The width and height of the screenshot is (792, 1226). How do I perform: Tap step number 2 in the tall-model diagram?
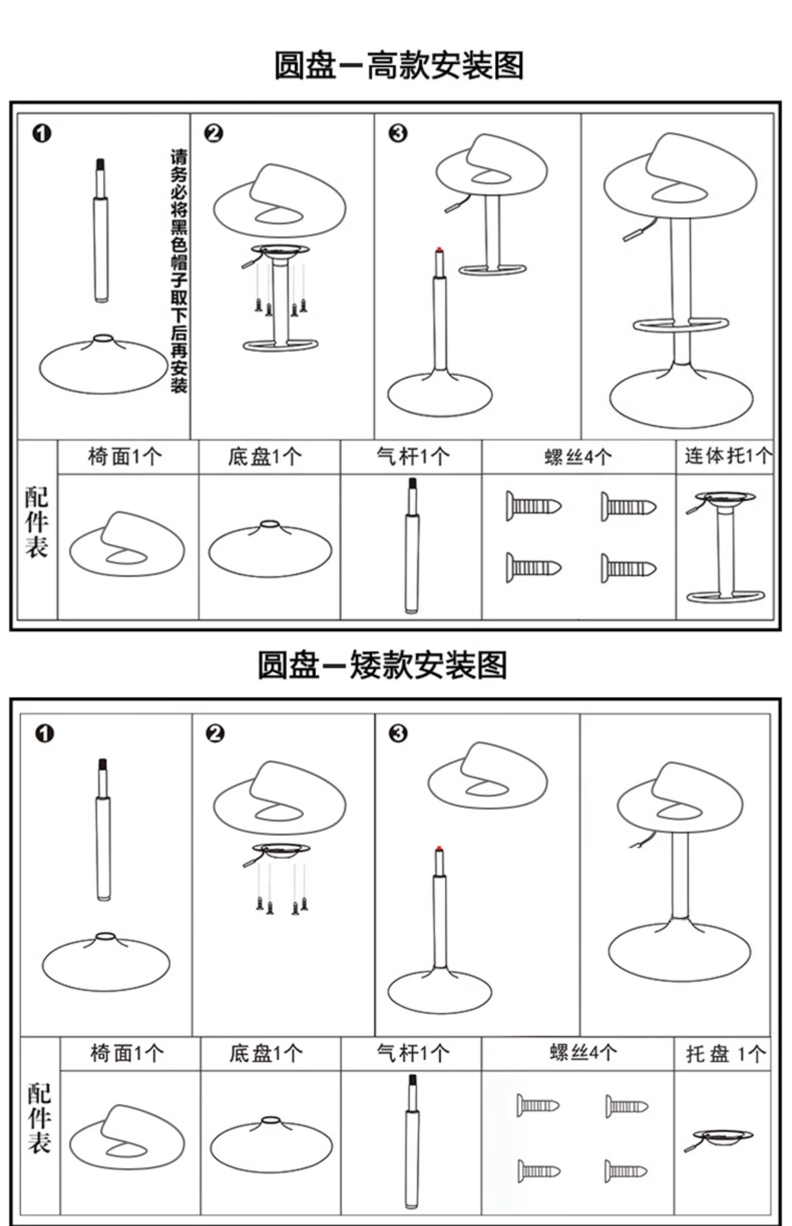click(213, 134)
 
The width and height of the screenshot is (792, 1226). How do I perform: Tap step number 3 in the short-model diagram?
click(398, 734)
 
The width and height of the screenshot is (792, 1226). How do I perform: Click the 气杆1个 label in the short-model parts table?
click(413, 1054)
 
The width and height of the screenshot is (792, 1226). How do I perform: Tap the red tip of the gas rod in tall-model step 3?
click(439, 250)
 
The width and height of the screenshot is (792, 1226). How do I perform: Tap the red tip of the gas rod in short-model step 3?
click(439, 848)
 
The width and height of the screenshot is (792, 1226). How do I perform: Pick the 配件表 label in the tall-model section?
click(36, 522)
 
